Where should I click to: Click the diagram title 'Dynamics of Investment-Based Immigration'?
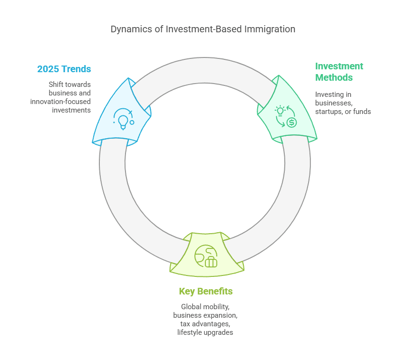click(x=203, y=29)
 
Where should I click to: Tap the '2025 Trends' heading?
click(x=64, y=69)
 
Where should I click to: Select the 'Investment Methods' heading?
click(x=339, y=72)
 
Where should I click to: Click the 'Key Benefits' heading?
click(x=206, y=291)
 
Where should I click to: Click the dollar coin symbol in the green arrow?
click(x=291, y=122)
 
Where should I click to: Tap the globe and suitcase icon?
click(x=206, y=256)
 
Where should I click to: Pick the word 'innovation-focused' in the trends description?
click(x=60, y=102)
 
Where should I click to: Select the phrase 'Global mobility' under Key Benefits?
click(x=205, y=307)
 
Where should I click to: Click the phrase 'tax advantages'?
click(x=205, y=324)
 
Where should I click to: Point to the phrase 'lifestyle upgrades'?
click(x=205, y=332)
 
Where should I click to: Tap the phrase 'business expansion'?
click(x=205, y=315)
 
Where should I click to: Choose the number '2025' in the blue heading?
click(x=48, y=69)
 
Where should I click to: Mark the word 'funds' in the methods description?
click(x=362, y=112)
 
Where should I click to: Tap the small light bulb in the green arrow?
click(x=280, y=111)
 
